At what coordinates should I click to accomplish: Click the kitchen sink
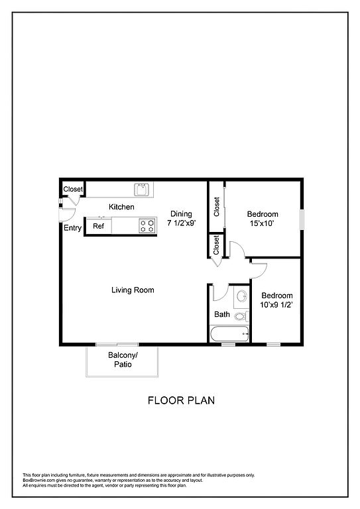(141, 190)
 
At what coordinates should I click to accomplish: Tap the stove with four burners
(147, 225)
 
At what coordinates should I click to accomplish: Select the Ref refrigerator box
(98, 226)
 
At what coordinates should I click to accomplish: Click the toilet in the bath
(241, 316)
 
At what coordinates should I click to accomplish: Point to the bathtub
(230, 334)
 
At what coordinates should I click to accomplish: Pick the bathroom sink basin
(241, 296)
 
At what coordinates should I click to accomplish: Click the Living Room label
(133, 290)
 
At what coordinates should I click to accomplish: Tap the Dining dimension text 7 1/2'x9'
(182, 223)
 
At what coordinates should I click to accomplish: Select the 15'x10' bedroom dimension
(263, 223)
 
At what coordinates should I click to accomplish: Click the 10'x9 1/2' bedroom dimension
(277, 305)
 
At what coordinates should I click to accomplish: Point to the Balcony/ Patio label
(123, 360)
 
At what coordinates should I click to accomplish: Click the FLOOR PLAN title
(181, 400)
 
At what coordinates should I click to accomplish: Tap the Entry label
(72, 228)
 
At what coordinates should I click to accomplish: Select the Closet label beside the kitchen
(73, 189)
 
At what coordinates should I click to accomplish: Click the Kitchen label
(121, 207)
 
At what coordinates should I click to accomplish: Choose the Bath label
(222, 314)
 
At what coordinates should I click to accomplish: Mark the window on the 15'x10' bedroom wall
(302, 219)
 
